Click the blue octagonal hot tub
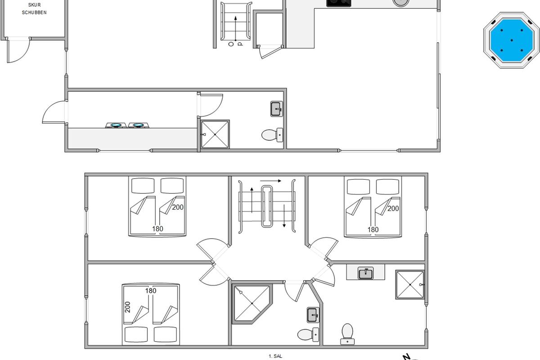coord(511,40)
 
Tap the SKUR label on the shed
coord(35,5)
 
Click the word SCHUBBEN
coord(34,13)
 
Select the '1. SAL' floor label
coord(275,356)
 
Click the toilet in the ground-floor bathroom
coord(272,135)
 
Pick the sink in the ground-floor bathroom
coord(276,109)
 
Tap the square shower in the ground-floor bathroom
coord(215,134)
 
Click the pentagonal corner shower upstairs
coord(252,304)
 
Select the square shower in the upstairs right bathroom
coord(410,284)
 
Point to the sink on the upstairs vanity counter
coord(365,273)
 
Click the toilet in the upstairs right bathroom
coord(347,334)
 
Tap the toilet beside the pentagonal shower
coord(308,334)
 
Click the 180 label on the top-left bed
coord(157,229)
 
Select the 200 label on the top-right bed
coord(393,208)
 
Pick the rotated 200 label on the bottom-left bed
coord(128,307)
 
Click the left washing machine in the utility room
coord(116,125)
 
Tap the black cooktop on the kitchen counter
coord(339,3)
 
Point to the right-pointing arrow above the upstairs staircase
coord(271,181)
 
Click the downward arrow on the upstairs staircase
coord(284,216)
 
